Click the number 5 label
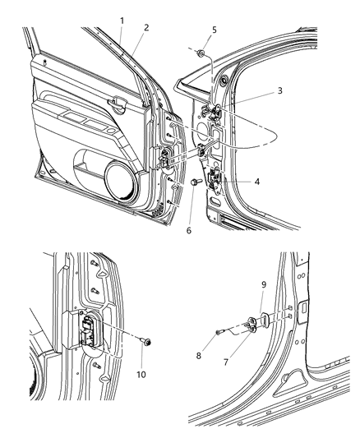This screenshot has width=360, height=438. coord(215,30)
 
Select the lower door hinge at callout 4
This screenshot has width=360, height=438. coord(216,181)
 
